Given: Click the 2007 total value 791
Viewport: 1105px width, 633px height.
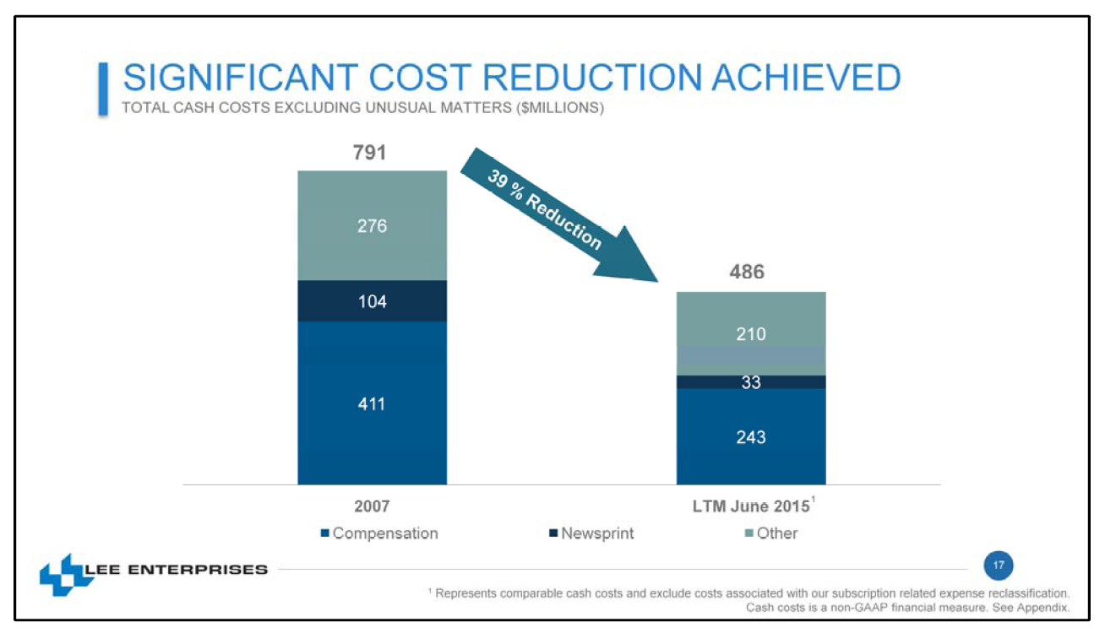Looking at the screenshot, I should pos(370,153).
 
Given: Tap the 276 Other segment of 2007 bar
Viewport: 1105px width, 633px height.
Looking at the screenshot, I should pos(372,226).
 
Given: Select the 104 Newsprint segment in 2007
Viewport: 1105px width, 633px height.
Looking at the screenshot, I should pos(372,301).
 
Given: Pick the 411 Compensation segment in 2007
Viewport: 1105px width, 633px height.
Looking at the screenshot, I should pos(372,404).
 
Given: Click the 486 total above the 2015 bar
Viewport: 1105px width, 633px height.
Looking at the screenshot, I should pos(747,272).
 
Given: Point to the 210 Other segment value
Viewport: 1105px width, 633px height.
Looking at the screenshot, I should pos(750,334).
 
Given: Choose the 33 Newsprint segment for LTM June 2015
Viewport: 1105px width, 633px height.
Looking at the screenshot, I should pos(750,382).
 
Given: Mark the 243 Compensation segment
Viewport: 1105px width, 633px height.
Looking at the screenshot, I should pos(750,437).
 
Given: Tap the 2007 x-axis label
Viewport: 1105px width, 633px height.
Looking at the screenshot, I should pos(372,506).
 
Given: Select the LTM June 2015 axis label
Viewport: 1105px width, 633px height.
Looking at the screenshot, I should pos(750,506).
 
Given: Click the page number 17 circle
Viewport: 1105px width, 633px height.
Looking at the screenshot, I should pos(999,565).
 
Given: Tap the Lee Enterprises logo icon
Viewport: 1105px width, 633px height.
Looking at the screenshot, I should pos(61,574).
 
